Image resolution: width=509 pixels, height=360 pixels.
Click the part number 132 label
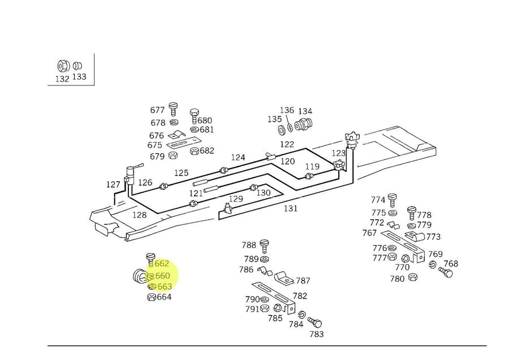[x=62, y=79]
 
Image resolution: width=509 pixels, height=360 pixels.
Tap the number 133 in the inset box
[x=79, y=76]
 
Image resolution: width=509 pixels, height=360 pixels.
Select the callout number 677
[x=157, y=110]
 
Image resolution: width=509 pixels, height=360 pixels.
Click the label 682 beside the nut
[x=207, y=151]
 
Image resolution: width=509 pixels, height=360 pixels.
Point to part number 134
[x=305, y=112]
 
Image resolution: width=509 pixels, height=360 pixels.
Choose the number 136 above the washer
[x=287, y=110]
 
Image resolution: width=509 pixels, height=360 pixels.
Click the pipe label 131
[x=290, y=208]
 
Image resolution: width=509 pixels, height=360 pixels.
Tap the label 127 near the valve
[x=113, y=185]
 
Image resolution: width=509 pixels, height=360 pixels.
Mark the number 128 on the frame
[x=139, y=215]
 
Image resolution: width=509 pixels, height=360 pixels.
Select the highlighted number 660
[x=162, y=276]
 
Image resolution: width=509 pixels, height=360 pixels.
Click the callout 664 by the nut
[x=164, y=297]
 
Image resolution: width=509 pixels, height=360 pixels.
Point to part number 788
[x=249, y=245]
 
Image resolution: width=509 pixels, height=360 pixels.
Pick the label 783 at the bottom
[x=317, y=335]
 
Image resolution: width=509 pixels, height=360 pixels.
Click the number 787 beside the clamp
[x=303, y=281]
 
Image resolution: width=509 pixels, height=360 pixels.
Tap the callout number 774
[x=378, y=200]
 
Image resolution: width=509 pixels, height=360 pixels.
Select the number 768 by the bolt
[x=451, y=264]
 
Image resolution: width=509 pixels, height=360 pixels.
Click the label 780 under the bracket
[x=397, y=278]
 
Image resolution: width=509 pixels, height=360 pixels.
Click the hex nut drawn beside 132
[x=62, y=66]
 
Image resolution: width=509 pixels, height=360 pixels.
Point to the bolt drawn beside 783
[x=314, y=323]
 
